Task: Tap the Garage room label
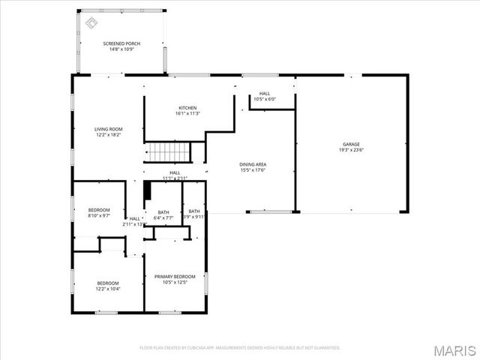[x=351, y=144]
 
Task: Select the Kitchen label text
[x=187, y=108]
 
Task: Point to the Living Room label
[x=108, y=129]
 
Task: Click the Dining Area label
[x=253, y=164]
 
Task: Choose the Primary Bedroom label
[x=174, y=277]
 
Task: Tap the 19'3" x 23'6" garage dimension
[x=351, y=150]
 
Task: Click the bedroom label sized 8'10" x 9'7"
[x=99, y=209]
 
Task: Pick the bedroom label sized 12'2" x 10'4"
[x=107, y=283]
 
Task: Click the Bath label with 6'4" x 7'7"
[x=163, y=212]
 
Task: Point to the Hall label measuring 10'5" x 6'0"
[x=265, y=94]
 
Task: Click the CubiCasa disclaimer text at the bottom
[x=240, y=348]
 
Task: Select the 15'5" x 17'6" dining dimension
[x=253, y=170]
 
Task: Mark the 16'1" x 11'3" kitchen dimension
[x=187, y=114]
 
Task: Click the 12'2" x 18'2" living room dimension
[x=108, y=135]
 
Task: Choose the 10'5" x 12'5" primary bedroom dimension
[x=174, y=283]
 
